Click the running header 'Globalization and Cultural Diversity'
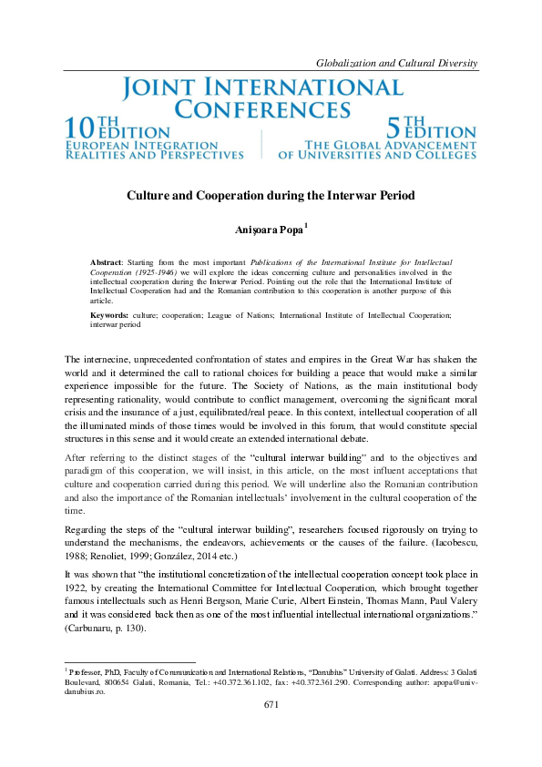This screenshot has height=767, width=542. [396, 63]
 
